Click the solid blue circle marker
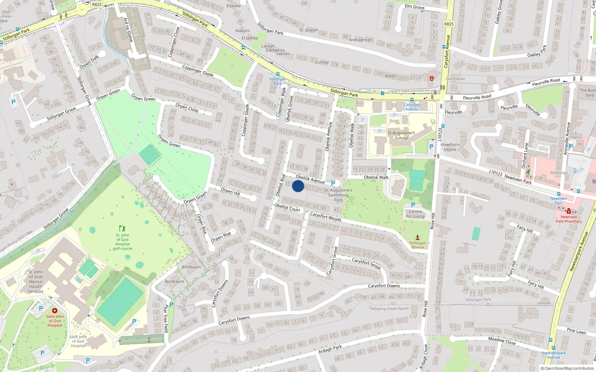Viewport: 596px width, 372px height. click(298, 186)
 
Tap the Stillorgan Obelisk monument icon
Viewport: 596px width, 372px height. click(418, 237)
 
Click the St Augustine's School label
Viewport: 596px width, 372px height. click(401, 135)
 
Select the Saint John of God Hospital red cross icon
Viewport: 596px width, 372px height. click(55, 311)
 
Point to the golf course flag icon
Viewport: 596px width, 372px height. click(122, 228)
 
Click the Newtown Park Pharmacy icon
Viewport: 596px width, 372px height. click(569, 211)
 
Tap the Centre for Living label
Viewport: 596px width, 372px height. click(415, 214)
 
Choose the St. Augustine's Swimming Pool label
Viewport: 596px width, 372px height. click(338, 195)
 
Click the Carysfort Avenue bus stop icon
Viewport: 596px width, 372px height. click(412, 100)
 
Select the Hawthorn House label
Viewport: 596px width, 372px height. click(450, 147)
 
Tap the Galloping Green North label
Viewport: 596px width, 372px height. click(389, 308)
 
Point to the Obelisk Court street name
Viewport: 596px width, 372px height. click(287, 208)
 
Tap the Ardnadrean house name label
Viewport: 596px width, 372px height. click(361, 40)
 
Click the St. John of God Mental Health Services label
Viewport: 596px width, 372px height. click(36, 282)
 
